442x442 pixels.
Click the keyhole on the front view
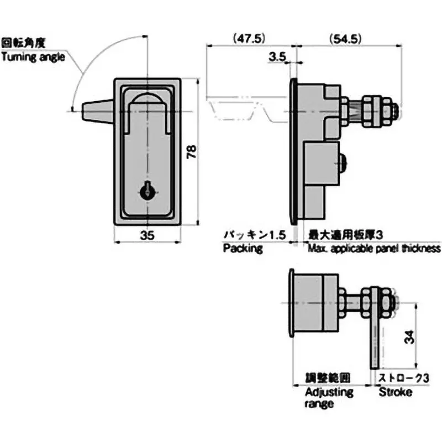148,191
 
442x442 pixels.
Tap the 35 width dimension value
147,235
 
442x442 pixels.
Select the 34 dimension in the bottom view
407,337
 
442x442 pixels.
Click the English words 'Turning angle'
33,56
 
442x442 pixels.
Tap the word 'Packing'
243,249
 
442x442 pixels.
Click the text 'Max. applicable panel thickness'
374,249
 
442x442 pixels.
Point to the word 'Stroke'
395,392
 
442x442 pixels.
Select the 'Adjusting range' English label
329,398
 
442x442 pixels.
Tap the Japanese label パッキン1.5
254,235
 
